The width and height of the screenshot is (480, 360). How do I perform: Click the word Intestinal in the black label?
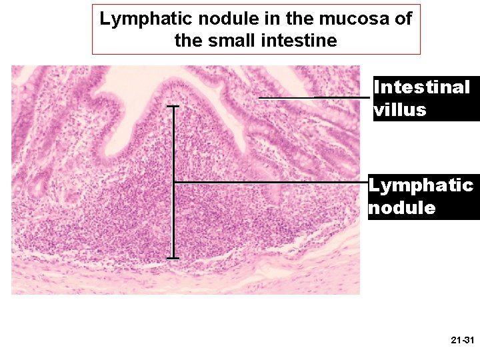coord(422,87)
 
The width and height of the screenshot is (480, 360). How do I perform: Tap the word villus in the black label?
coord(400,110)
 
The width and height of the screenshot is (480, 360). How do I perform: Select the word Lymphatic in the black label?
coord(421,185)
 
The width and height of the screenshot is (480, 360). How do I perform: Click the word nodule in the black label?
coord(401,208)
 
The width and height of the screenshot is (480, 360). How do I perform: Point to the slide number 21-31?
coord(462,341)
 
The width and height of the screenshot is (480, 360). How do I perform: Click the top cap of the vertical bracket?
coord(173,106)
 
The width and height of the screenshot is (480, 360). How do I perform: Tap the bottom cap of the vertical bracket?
coord(173,257)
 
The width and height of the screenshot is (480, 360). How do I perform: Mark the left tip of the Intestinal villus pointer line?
coord(259,98)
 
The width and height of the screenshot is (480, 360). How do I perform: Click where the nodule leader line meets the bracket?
coord(174,182)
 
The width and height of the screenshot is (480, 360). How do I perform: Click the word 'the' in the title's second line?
coord(189,41)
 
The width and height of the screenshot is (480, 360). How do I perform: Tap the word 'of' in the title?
coord(403,19)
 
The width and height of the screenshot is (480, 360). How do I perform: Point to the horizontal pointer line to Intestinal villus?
coord(313,98)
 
